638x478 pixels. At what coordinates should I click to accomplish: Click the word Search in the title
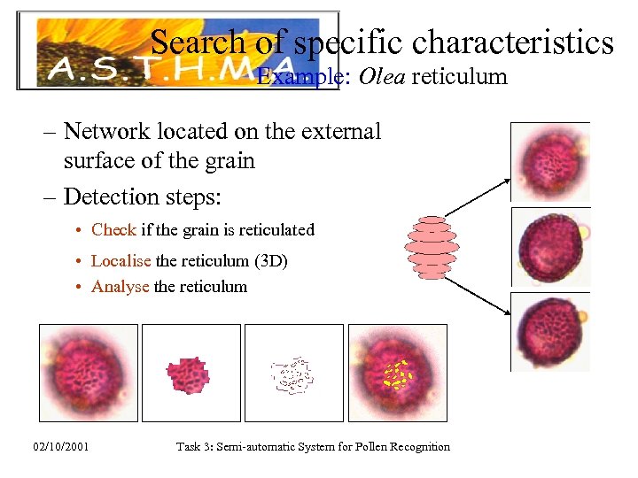tap(197, 42)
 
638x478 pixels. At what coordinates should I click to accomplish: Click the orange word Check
tap(113, 229)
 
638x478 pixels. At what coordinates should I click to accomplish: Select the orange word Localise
tap(121, 261)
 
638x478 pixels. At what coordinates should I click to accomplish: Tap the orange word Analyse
tap(120, 286)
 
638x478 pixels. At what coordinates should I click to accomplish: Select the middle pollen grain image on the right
tap(549, 246)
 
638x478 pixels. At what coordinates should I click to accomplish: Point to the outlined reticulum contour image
tap(292, 374)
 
